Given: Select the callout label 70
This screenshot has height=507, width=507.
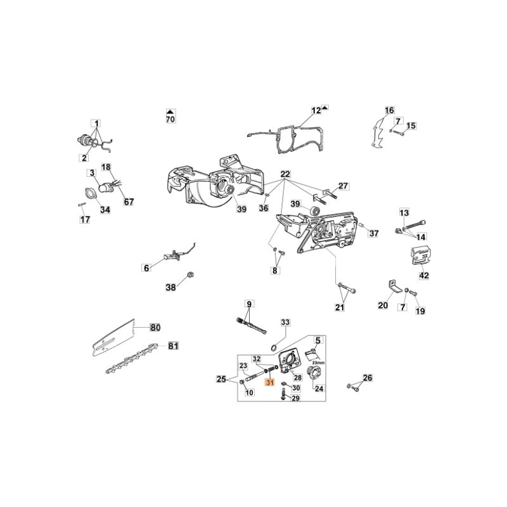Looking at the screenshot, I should point(170,119).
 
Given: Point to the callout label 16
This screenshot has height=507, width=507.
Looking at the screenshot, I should point(389,111).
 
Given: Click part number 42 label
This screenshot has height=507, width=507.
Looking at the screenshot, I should point(424,276).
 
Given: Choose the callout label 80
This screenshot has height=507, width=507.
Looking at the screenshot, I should point(155,328).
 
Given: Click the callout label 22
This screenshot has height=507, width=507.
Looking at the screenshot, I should point(285,174).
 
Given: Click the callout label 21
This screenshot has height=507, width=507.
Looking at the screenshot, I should point(340,308).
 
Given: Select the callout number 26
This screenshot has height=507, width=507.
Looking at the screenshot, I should point(367,379).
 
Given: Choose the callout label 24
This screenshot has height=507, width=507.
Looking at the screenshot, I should point(319,389).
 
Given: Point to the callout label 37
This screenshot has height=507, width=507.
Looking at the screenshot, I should point(373,233).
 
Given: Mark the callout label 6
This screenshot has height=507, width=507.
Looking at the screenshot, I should point(146,268).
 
